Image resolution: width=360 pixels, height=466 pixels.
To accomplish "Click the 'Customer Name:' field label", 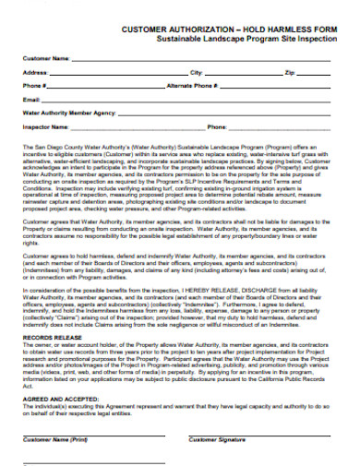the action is click(46, 58).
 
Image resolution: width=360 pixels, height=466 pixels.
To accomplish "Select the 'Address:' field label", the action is click(36, 72).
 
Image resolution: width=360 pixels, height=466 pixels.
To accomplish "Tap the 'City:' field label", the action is click(196, 72).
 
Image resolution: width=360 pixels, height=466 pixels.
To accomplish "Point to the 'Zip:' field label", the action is click(290, 72).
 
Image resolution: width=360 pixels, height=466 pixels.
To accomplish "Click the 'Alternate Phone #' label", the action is click(192, 85).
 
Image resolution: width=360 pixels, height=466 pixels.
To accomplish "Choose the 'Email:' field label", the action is click(31, 99).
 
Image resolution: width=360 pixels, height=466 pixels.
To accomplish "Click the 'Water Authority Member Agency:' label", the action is click(68, 113).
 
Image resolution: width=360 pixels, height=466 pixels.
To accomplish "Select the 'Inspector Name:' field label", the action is click(46, 126).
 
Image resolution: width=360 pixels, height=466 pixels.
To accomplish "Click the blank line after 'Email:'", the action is click(185, 101).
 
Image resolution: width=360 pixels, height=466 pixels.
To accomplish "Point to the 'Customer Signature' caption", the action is click(217, 440).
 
